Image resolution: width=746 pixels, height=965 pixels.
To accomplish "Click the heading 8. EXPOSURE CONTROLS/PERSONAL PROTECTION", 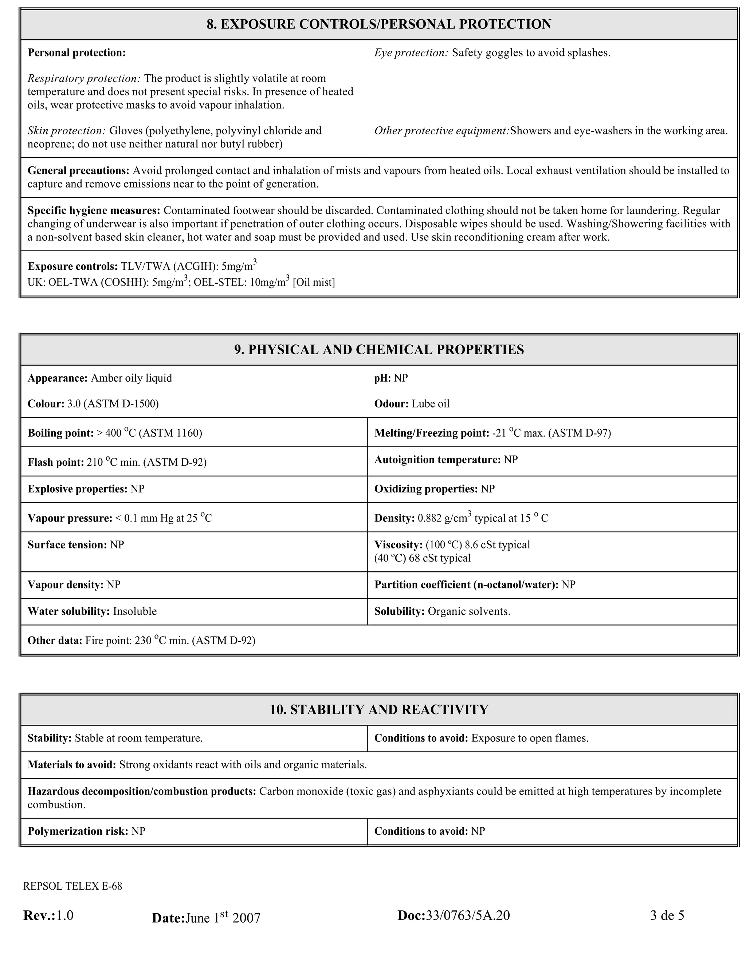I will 379,24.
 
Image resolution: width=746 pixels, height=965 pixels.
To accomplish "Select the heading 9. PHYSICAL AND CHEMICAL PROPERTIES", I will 379,350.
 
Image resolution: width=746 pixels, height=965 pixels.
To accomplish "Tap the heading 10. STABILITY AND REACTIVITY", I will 379,710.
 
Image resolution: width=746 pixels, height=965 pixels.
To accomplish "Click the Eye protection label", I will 411,53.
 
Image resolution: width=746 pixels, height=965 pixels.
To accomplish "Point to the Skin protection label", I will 66,131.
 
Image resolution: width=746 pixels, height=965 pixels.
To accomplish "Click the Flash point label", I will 55,462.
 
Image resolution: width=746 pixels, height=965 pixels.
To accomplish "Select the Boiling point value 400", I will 113,433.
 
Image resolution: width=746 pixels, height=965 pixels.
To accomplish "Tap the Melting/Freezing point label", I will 431,433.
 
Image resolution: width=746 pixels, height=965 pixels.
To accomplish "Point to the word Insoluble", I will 135,611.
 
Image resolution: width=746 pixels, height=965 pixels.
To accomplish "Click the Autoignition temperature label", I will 437,460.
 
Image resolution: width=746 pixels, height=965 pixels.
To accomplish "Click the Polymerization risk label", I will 77,831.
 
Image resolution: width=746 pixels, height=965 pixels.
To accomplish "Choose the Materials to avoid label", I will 72,765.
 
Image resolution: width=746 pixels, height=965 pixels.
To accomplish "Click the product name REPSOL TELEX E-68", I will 72,886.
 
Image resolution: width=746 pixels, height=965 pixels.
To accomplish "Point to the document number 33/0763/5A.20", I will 468,915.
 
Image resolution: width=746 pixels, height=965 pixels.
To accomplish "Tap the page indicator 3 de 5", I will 667,915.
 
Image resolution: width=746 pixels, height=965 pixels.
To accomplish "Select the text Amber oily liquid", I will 131,378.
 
